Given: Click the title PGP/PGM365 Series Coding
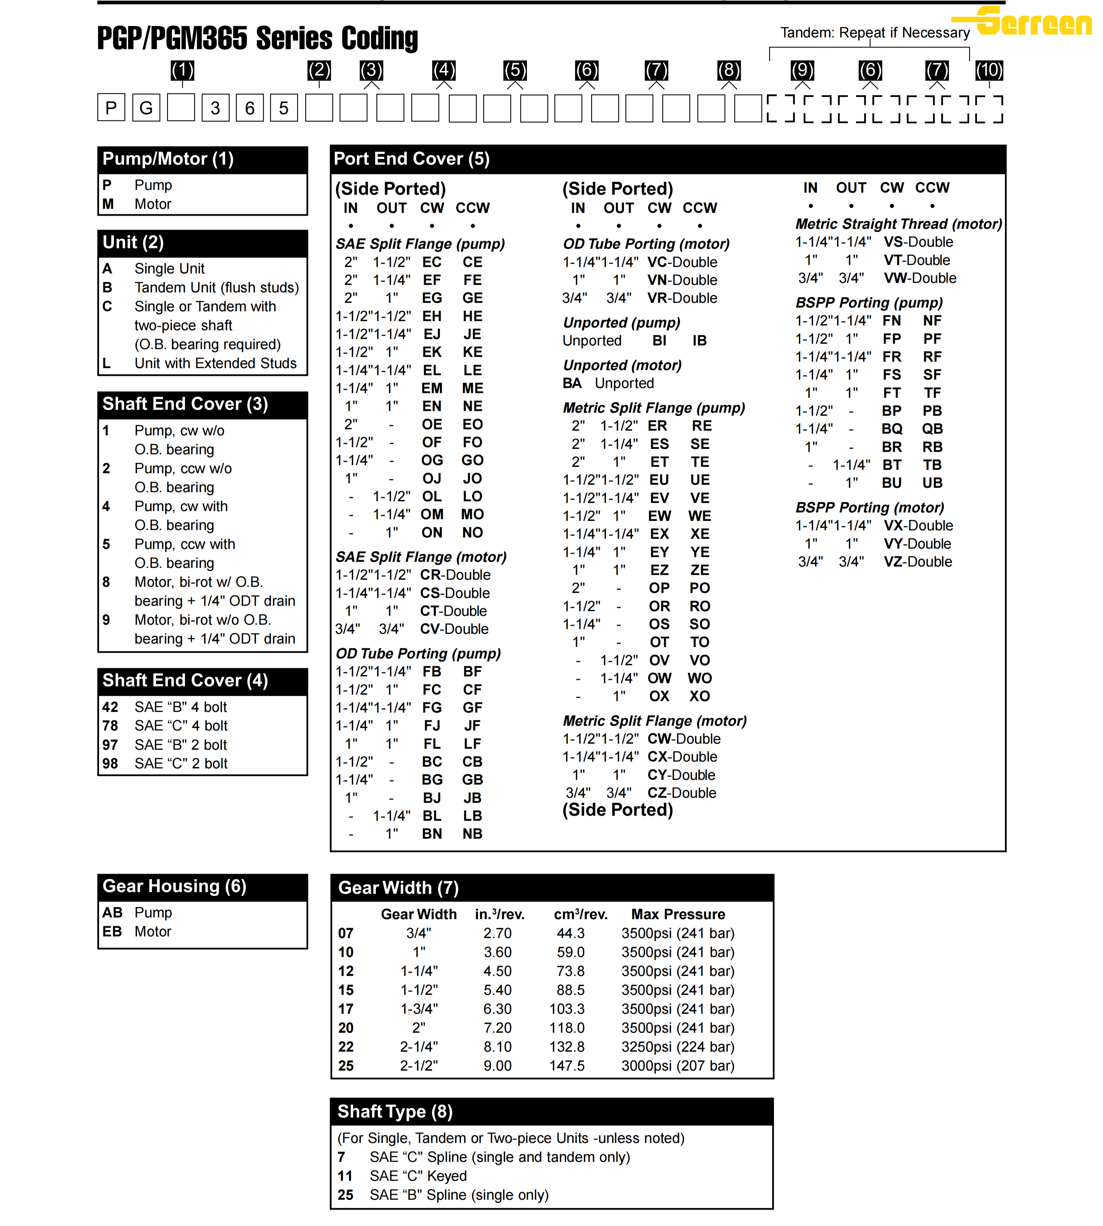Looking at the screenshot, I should click(x=258, y=38).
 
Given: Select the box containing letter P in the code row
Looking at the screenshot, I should click(x=111, y=108).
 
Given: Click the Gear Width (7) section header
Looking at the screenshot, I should click(x=398, y=888).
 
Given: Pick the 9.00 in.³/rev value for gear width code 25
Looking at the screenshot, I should click(x=497, y=1065).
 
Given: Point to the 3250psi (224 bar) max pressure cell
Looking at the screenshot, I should click(x=678, y=1046).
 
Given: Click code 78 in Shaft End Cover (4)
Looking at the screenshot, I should click(x=110, y=726).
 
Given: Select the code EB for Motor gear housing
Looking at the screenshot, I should click(x=112, y=931).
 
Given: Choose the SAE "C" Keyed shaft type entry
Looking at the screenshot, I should click(x=418, y=1176).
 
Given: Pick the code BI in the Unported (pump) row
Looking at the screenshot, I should click(x=659, y=341).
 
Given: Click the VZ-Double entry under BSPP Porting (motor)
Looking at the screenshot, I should click(x=917, y=562).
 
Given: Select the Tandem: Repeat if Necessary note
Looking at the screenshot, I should click(x=875, y=33).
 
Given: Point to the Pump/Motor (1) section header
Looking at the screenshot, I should click(x=168, y=159).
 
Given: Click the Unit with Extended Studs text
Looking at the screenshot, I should click(x=215, y=363).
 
